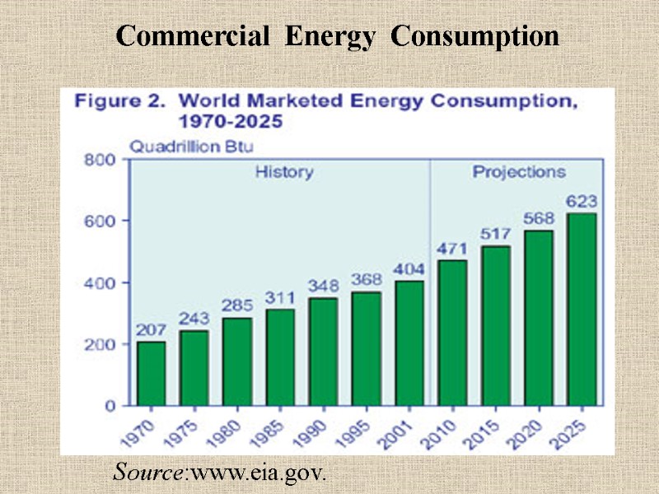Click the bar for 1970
(x=151, y=373)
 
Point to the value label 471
(x=451, y=248)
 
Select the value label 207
(x=152, y=329)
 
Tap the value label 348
(x=322, y=286)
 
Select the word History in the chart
(x=283, y=172)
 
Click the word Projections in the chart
(x=518, y=172)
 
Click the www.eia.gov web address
(x=259, y=474)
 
